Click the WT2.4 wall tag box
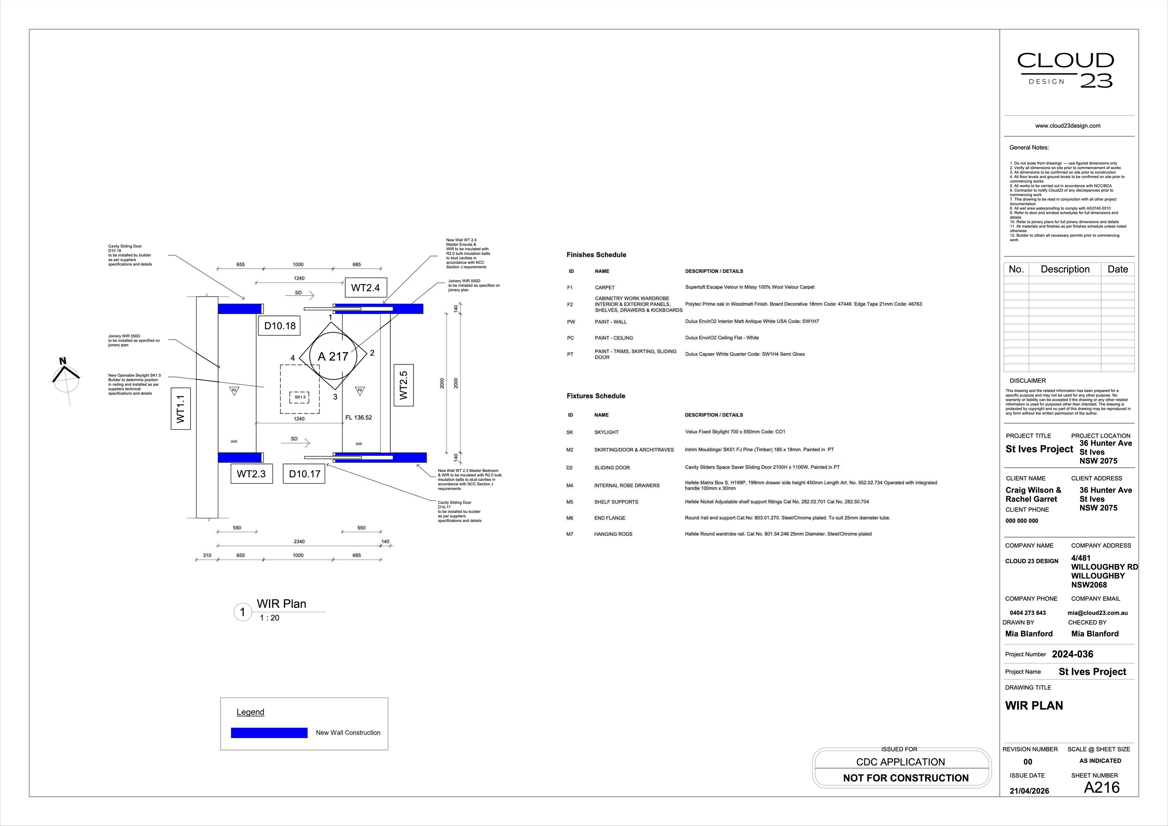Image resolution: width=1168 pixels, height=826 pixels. [365, 288]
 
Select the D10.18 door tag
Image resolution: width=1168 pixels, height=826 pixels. [280, 326]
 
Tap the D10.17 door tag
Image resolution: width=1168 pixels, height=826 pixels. [304, 474]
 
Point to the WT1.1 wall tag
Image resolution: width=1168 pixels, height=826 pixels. [181, 409]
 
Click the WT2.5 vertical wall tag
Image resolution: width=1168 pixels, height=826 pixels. [403, 385]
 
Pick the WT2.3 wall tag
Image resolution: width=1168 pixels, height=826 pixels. [251, 474]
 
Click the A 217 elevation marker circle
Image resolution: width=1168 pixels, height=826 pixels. [333, 356]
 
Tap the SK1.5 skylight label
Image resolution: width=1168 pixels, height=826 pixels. [300, 397]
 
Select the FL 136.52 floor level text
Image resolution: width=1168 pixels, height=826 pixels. [359, 418]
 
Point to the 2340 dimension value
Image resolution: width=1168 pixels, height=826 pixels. [299, 541]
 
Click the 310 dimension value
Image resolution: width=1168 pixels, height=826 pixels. [207, 555]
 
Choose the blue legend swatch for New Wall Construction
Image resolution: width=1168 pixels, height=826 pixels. [269, 733]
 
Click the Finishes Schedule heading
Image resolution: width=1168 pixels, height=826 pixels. [596, 255]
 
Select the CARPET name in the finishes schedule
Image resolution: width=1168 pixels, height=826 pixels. [605, 288]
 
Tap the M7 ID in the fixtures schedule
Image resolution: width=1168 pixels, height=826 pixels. [570, 534]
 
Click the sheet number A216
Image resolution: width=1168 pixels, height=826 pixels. [1102, 787]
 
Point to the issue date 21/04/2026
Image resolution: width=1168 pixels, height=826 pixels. [1029, 791]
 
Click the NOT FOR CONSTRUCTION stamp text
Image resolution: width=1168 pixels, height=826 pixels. [905, 778]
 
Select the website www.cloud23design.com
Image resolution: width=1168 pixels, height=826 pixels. [1068, 126]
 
